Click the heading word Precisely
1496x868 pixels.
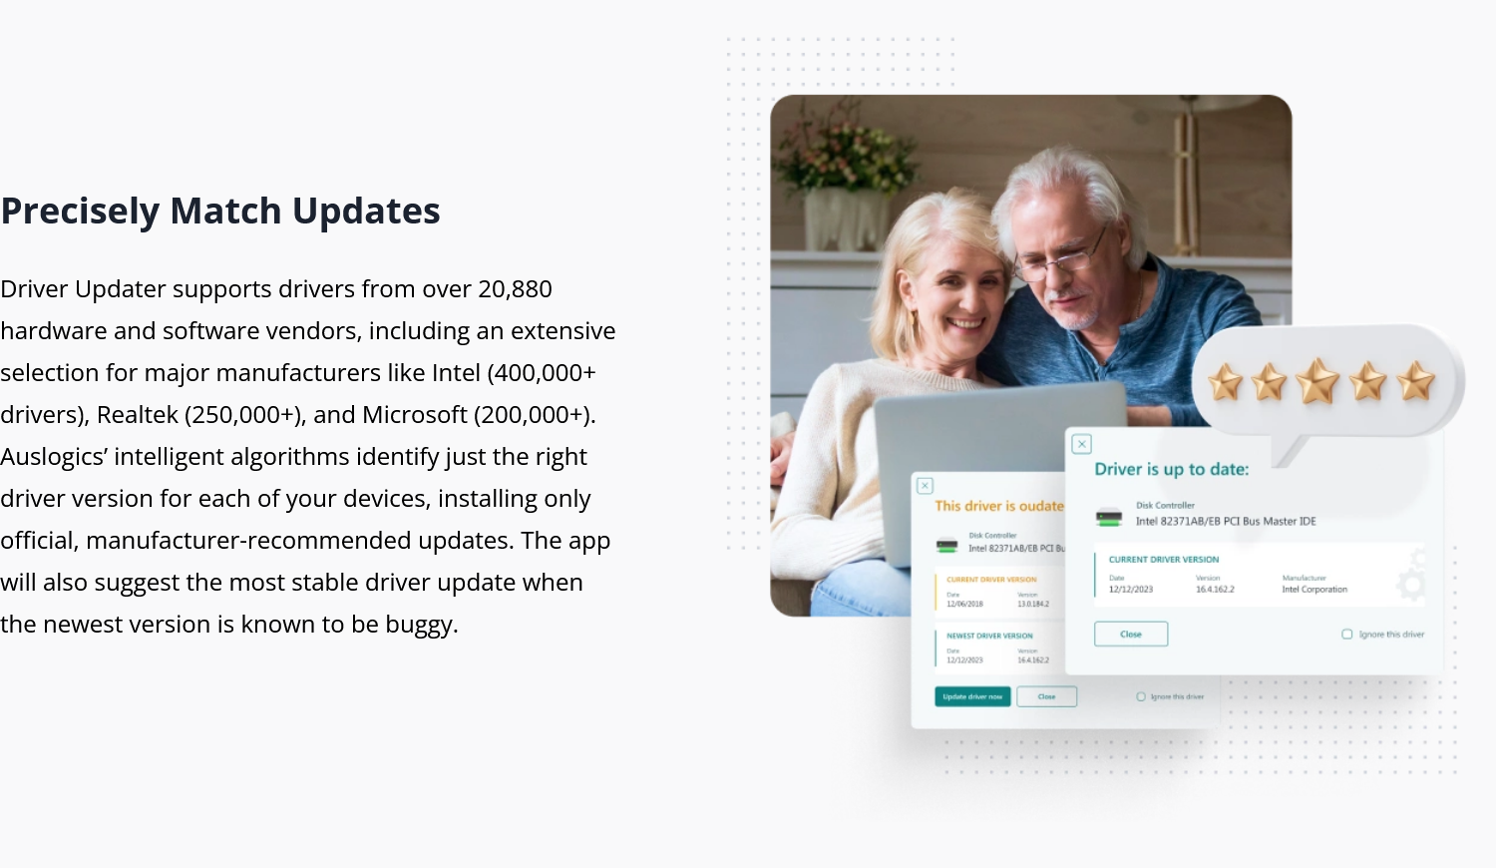pos(79,212)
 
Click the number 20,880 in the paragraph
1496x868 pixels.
pos(515,289)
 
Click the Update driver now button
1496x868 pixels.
pos(972,696)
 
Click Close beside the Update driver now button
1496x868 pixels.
pos(1046,696)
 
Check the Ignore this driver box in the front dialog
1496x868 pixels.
pos(1347,635)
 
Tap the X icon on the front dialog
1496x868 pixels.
pos(1082,444)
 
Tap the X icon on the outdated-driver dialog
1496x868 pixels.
pos(926,486)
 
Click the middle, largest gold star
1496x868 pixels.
pos(1316,381)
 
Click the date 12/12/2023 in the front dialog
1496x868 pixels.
pos(1130,590)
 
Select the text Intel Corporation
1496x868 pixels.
pos(1314,590)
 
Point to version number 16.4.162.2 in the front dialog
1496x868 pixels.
pos(1215,590)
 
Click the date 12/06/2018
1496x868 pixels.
pos(964,604)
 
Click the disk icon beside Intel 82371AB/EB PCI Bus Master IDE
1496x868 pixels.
pos(1109,517)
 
